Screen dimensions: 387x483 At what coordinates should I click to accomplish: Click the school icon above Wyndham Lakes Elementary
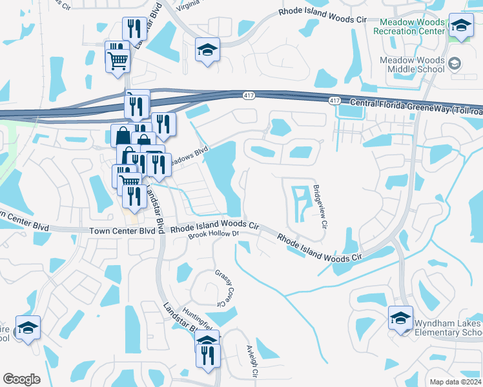[x=400, y=318]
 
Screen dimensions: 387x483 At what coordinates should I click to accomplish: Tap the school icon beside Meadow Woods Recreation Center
[x=461, y=26]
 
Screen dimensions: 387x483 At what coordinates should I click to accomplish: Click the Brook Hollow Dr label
[x=213, y=235]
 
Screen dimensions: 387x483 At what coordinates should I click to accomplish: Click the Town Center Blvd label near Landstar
[x=122, y=230]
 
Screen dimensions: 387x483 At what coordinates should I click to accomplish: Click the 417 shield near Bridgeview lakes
[x=334, y=102]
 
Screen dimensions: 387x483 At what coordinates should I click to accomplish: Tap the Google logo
[x=21, y=379]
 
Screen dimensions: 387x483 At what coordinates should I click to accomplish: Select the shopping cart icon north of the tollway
[x=118, y=60]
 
